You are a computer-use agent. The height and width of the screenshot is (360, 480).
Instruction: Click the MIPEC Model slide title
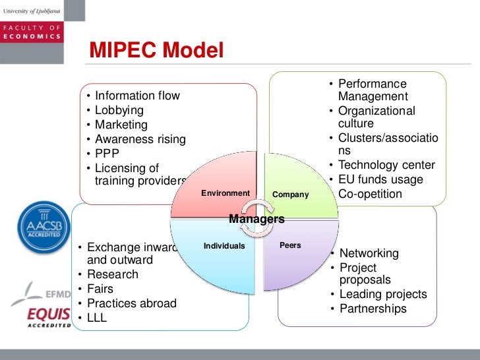point(157,51)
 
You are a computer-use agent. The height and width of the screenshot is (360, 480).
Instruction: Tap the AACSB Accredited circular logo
point(44,227)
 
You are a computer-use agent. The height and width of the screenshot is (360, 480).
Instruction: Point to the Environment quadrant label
point(225,193)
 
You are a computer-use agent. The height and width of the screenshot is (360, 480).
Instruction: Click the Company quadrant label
point(291,195)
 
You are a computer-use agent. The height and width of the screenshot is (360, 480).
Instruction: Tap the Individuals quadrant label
point(224,246)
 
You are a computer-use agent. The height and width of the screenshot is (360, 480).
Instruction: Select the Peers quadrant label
point(290,245)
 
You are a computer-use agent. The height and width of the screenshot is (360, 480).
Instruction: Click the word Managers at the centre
point(256,219)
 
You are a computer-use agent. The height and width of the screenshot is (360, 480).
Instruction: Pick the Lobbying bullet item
point(119,110)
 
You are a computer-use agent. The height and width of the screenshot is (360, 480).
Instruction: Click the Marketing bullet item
point(121,125)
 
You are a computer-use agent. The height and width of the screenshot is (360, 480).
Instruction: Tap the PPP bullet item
point(107,154)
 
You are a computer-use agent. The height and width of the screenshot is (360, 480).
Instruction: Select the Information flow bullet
point(137,96)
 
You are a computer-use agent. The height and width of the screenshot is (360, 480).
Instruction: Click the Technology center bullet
point(386,165)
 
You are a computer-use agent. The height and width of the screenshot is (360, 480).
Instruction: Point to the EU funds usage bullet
point(380,179)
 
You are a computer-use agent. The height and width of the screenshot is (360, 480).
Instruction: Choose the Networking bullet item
point(369,253)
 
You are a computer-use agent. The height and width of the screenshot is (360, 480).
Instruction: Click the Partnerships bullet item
point(373,309)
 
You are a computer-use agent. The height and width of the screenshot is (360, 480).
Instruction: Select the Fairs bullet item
point(100,289)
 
